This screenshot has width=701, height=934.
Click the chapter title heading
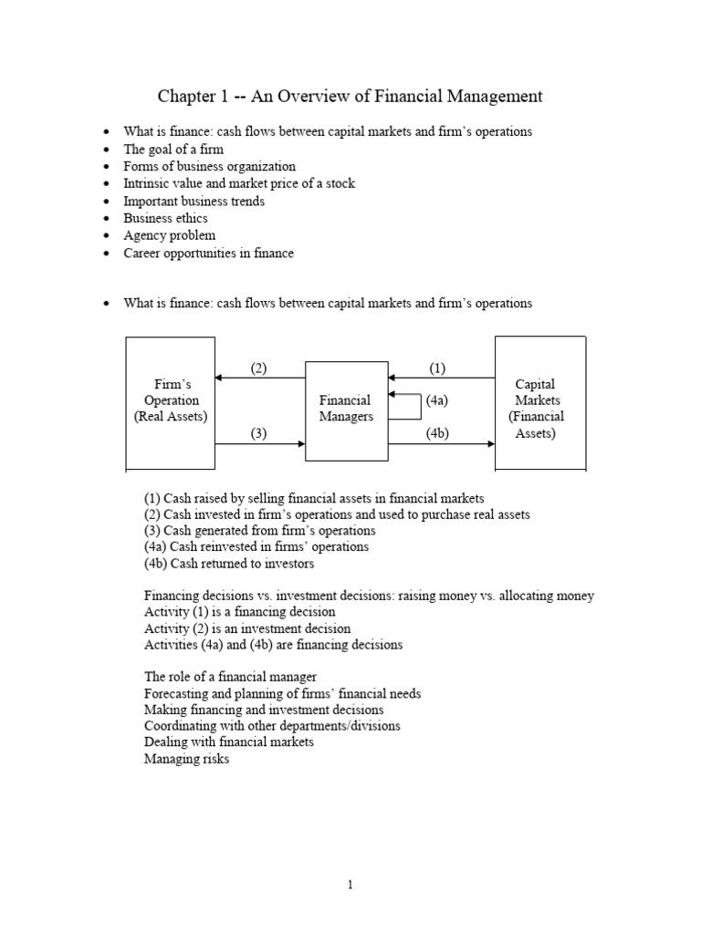pos(350,96)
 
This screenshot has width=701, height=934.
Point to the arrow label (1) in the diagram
pos(436,368)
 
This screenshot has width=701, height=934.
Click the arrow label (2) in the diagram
pos(258,368)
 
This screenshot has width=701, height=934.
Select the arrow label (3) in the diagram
pos(258,434)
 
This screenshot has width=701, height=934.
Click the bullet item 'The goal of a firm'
pos(173,149)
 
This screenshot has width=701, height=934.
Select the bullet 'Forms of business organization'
pos(209,166)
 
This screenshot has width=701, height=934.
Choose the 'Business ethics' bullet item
pos(165,218)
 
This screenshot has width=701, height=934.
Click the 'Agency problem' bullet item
pos(170,235)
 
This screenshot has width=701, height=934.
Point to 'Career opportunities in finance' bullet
pos(208,253)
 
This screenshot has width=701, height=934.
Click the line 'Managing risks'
pos(186,759)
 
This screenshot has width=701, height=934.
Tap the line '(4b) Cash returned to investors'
pos(229,564)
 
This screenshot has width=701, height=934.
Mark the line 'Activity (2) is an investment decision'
pos(246,628)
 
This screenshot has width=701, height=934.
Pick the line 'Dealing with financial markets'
pos(228,742)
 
